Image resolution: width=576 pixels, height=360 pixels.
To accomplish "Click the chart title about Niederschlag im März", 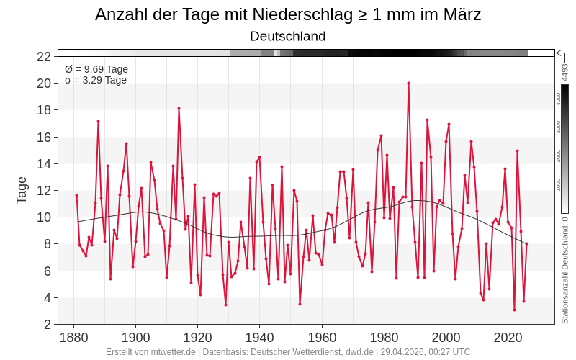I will coord(288,14).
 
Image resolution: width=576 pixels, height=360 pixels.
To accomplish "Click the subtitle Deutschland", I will coord(288,36).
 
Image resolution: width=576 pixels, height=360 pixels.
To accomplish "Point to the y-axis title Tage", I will coord(22,190).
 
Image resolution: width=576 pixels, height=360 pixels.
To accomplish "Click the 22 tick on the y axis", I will coord(44,57).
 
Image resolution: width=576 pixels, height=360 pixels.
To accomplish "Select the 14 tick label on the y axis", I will coord(44,163).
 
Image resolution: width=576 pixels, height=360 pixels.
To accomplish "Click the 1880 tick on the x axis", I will coord(73,337).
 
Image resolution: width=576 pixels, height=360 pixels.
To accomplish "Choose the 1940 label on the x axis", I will coord(259,337).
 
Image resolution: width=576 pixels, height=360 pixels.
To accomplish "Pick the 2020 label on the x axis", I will coord(508,337).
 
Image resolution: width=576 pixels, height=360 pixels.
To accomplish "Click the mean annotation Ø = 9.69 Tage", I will coord(96,69).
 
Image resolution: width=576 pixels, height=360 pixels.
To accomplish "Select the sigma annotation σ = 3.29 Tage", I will coord(96,80).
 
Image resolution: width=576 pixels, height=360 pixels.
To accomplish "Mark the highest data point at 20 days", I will coord(408,83).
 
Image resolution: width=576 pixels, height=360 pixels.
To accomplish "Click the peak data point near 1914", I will coord(179,108).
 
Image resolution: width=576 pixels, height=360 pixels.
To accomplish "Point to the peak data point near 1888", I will coord(98,121).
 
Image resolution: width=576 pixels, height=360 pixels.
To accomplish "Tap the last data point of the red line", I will coord(526,243).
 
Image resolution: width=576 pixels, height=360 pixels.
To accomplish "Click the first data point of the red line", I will coord(76,195).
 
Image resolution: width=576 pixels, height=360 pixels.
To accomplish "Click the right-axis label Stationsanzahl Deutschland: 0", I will coord(565,270).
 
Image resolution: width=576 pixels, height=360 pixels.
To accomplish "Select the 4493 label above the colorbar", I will coord(565,72).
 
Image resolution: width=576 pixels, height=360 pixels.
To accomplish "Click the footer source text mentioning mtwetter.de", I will coord(288,352).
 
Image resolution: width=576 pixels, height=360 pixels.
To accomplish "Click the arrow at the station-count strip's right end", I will coord(559,53).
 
